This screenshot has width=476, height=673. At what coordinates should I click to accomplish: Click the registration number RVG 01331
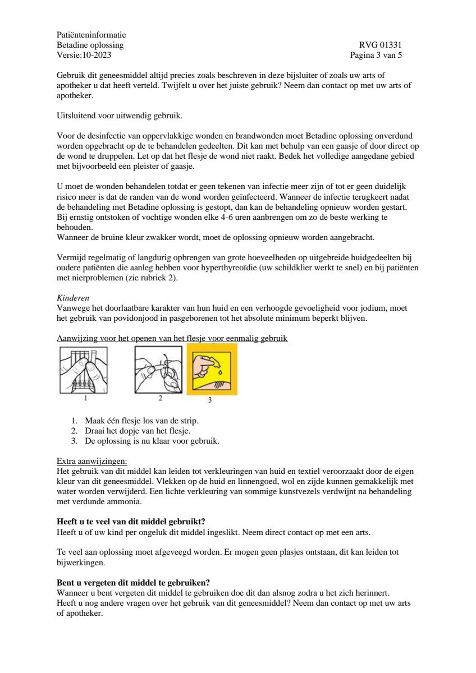click(x=380, y=45)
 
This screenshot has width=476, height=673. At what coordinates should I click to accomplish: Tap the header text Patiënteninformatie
click(x=91, y=35)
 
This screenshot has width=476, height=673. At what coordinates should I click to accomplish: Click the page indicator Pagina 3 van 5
click(x=376, y=55)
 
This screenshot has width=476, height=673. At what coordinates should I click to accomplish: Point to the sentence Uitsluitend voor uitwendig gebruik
click(x=120, y=116)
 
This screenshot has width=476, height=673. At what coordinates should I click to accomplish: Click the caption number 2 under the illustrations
click(x=160, y=398)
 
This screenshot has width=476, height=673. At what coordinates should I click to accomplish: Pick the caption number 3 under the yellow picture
click(x=210, y=400)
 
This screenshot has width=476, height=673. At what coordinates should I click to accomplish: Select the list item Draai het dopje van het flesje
click(x=138, y=431)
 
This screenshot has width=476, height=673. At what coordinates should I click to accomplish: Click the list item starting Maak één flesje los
click(x=141, y=421)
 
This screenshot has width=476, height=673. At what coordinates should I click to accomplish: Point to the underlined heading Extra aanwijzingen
click(x=92, y=461)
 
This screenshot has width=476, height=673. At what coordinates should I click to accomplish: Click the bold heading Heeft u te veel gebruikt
click(x=135, y=522)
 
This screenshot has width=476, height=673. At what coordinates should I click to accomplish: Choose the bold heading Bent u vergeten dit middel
click(x=138, y=582)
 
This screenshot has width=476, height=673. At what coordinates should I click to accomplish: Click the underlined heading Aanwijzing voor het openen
click(x=172, y=339)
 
